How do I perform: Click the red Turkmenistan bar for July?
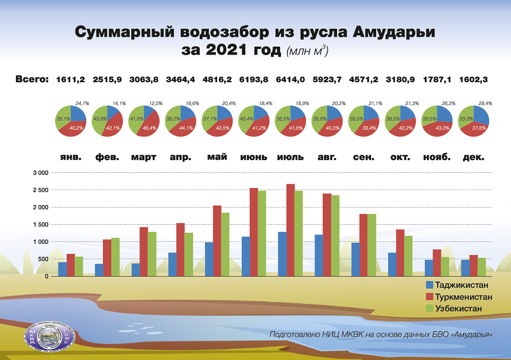coord(290,230)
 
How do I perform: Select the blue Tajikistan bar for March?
coord(136,270)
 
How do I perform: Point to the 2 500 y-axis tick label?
coord(40,190)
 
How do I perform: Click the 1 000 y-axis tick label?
coord(40,242)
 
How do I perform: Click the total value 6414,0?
coord(290,79)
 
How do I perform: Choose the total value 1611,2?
coord(71,79)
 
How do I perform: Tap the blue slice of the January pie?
coord(78,114)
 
